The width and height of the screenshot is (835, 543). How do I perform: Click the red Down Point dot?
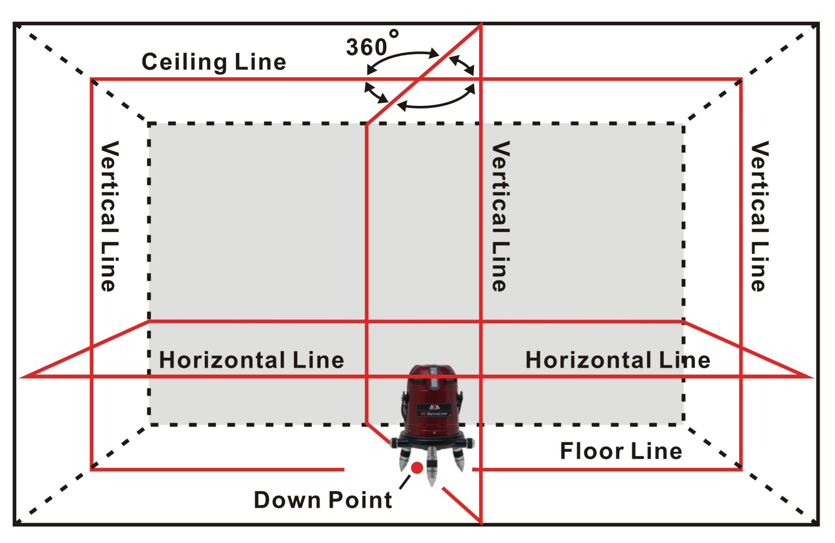417,468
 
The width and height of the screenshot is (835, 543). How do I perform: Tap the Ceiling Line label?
214,62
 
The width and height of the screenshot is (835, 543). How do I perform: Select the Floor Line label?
621,451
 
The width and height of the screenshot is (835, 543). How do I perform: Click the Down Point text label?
323,500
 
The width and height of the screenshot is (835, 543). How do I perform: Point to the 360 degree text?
372,43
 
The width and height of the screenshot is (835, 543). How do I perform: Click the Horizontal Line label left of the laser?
252,360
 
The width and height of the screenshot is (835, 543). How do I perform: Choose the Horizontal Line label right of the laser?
618,360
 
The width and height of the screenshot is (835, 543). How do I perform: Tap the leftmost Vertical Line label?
109,216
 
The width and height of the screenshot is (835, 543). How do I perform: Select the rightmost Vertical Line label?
760,216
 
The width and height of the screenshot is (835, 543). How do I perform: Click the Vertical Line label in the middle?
501,216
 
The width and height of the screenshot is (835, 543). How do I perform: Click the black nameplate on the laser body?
434,410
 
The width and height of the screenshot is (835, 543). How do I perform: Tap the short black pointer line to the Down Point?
405,482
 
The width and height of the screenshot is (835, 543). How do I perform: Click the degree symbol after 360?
394,34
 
